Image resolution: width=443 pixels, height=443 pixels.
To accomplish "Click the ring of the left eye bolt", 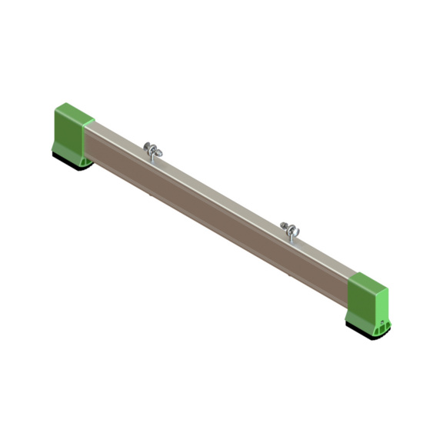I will tap(151, 148).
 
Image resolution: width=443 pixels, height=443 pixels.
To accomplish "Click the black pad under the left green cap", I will tap(72, 161).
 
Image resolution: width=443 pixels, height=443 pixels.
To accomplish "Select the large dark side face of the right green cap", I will tap(360, 304).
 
